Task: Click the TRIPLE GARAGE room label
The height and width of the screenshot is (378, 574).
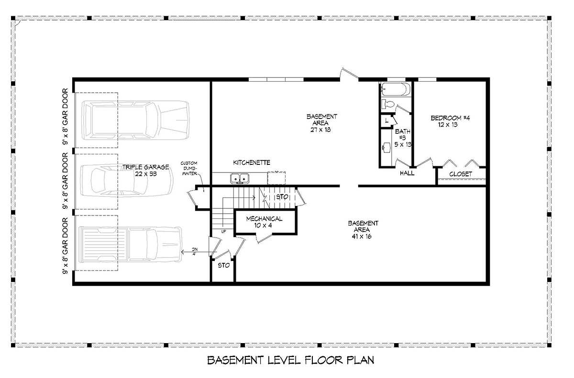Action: coord(145,171)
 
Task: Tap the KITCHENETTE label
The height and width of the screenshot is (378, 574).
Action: coord(252,162)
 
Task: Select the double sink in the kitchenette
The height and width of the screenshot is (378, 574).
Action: coord(240,178)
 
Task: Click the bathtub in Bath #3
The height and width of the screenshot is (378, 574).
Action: coord(396,89)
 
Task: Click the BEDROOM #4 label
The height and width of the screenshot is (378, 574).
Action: coord(450,121)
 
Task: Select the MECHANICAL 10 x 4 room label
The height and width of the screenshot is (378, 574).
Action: coord(264,222)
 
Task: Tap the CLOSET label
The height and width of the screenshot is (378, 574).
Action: coord(461,174)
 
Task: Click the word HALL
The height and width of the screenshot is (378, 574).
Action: coord(407,173)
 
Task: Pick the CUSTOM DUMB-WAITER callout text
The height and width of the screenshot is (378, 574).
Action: coord(189,168)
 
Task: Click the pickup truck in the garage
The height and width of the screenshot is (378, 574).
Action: coord(131,244)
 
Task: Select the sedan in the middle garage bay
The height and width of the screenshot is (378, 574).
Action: coord(127,181)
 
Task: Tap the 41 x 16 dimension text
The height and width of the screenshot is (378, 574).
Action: coord(362,237)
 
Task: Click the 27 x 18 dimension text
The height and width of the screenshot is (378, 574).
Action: coord(320,130)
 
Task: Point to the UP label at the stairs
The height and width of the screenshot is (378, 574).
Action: coord(223,232)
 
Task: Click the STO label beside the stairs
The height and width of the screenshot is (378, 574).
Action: coord(282,197)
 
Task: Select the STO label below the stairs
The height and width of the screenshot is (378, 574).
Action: coord(224,265)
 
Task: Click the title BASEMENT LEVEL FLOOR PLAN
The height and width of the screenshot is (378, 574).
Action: coord(291,360)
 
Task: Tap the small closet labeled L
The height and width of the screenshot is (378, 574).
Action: coord(386,121)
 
